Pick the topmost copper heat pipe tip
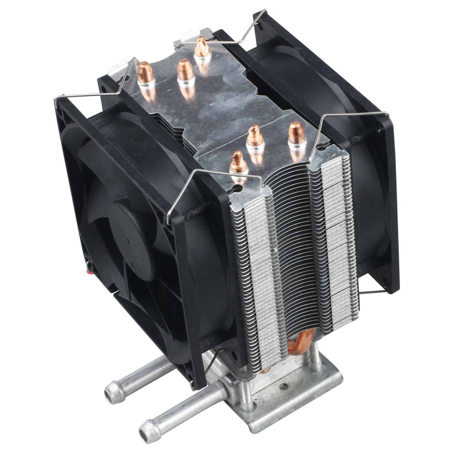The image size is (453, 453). (200, 45)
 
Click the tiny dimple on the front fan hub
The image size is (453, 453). (130, 241)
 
